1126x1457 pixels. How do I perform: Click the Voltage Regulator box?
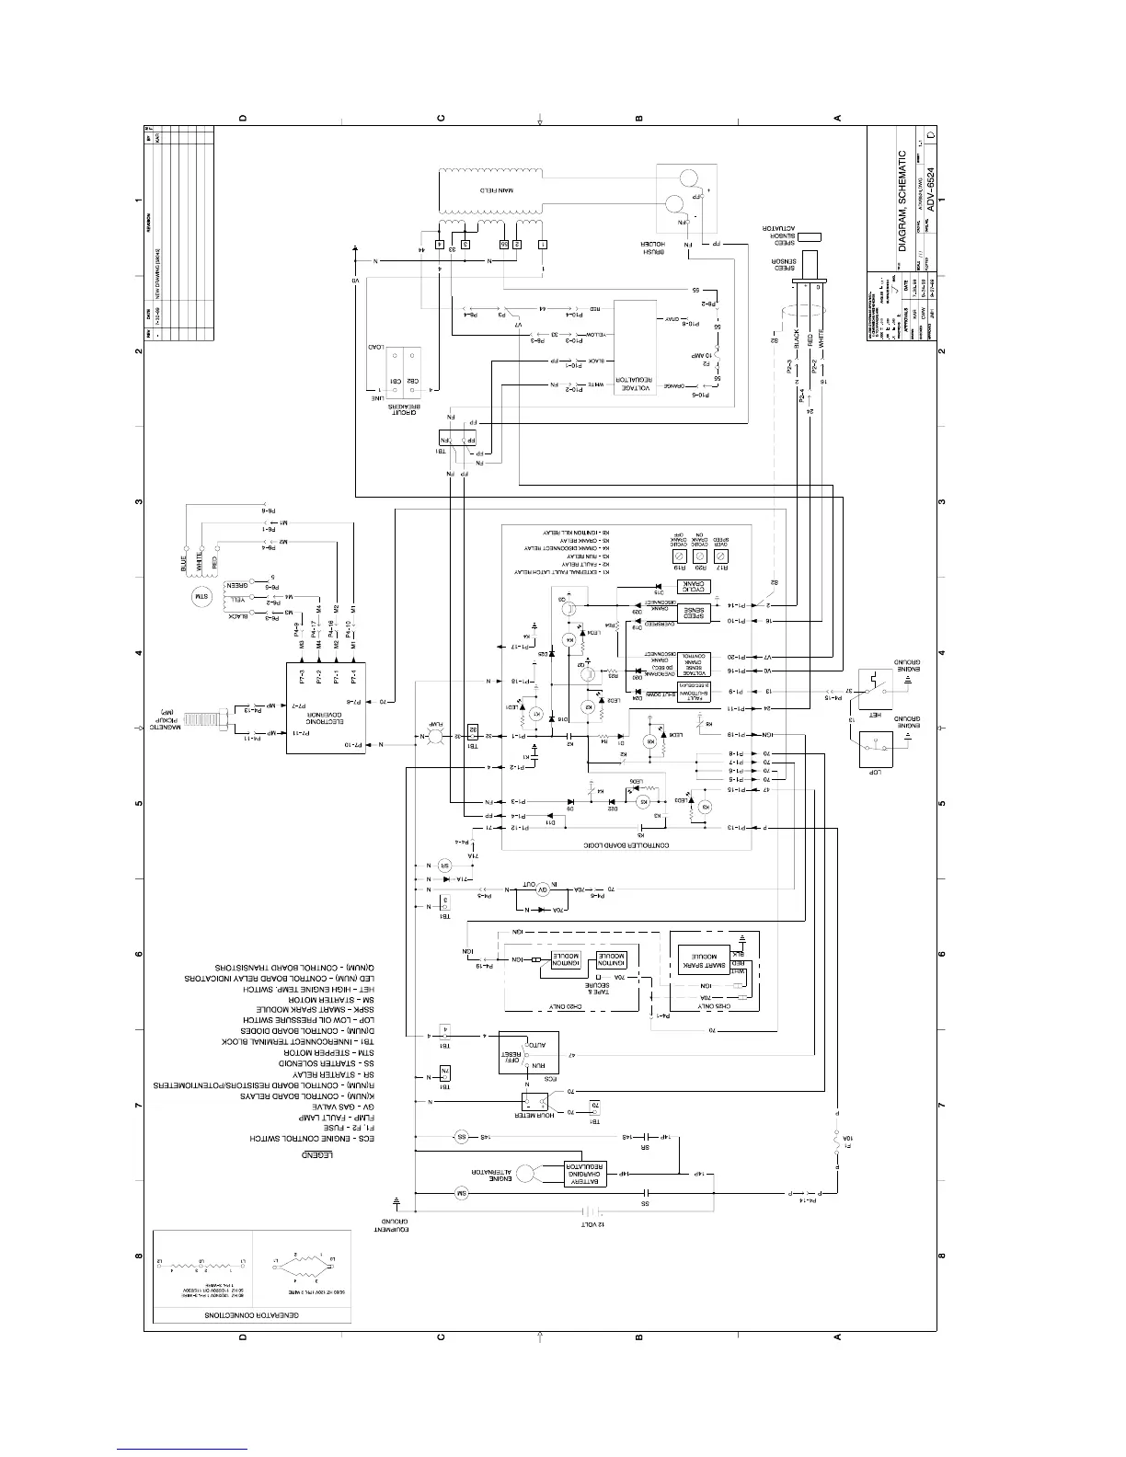(x=634, y=354)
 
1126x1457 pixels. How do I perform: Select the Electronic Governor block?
(x=327, y=709)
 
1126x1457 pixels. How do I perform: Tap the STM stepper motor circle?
(x=200, y=599)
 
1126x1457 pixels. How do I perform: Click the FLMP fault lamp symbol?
(x=437, y=737)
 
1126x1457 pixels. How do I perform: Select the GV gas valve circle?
(x=542, y=890)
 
